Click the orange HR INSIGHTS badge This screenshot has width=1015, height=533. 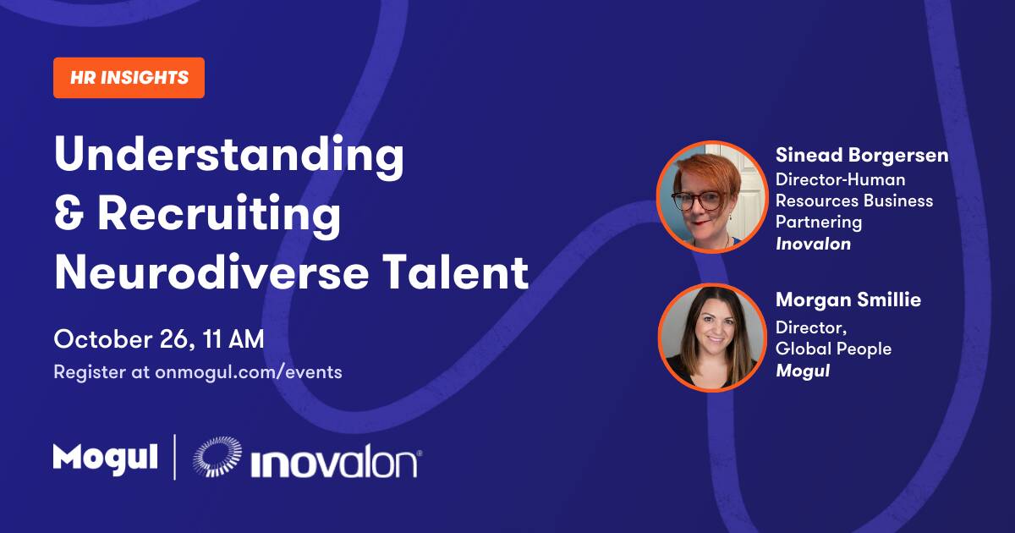pyautogui.click(x=129, y=78)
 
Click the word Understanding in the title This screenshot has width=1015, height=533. pyautogui.click(x=229, y=156)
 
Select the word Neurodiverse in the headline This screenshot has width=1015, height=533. pyautogui.click(x=211, y=272)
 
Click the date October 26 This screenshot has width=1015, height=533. pyautogui.click(x=123, y=339)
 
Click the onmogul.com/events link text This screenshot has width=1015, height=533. pyautogui.click(x=249, y=372)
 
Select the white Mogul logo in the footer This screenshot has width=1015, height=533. pyautogui.click(x=106, y=459)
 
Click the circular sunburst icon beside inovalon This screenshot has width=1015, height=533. pyautogui.click(x=217, y=456)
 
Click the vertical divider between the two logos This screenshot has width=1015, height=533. pyautogui.click(x=175, y=457)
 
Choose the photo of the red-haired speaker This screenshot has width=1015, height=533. pyautogui.click(x=712, y=196)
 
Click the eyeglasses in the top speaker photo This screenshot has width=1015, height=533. pyautogui.click(x=700, y=201)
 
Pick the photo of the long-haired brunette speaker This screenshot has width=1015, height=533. pyautogui.click(x=712, y=338)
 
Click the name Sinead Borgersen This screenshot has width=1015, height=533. pyautogui.click(x=862, y=156)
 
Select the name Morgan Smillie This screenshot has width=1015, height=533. pyautogui.click(x=848, y=300)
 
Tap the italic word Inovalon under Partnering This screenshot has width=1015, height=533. pyautogui.click(x=814, y=244)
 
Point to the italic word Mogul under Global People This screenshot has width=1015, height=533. pyautogui.click(x=803, y=371)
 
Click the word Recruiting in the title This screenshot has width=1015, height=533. pyautogui.click(x=219, y=214)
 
